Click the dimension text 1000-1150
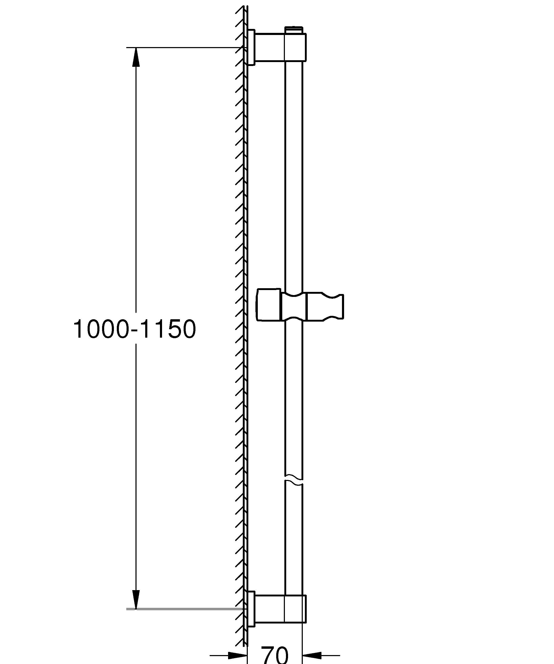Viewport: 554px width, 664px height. pyautogui.click(x=134, y=329)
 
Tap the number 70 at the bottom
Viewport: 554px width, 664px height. pyautogui.click(x=274, y=655)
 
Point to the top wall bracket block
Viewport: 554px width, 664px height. pyautogui.click(x=280, y=47)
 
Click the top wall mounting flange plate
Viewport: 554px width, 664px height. pyautogui.click(x=251, y=47)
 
